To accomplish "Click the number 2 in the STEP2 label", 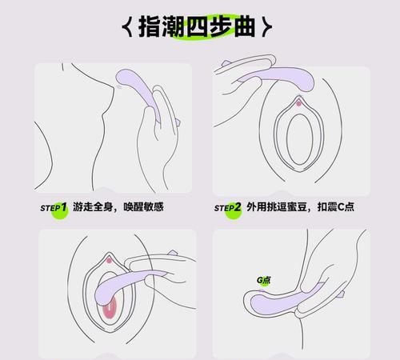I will pyautogui.click(x=238, y=206).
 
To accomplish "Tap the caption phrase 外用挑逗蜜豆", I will pyautogui.click(x=276, y=206).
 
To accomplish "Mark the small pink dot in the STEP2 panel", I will pyautogui.click(x=298, y=102).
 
